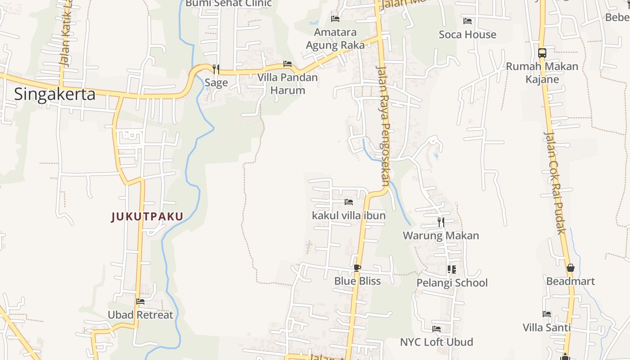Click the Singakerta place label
coord(54,94)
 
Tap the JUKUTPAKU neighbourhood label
coord(147,217)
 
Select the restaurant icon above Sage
coord(216,69)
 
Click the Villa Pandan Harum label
coord(288,84)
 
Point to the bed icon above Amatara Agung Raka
coord(335,19)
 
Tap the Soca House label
coord(468,35)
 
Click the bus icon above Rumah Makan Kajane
coord(542,53)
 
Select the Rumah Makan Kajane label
coord(542,73)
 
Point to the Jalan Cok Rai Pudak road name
coord(554,182)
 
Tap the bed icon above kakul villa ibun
coord(349,202)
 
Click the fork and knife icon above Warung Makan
coord(441,222)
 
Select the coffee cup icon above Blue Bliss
coord(357,268)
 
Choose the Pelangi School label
coord(452,283)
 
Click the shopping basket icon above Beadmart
coord(571,268)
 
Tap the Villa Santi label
coord(547,328)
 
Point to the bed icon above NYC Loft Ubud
coord(436,329)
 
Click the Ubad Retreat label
coord(140,315)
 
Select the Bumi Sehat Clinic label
coord(229,4)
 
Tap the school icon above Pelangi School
coord(452,270)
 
